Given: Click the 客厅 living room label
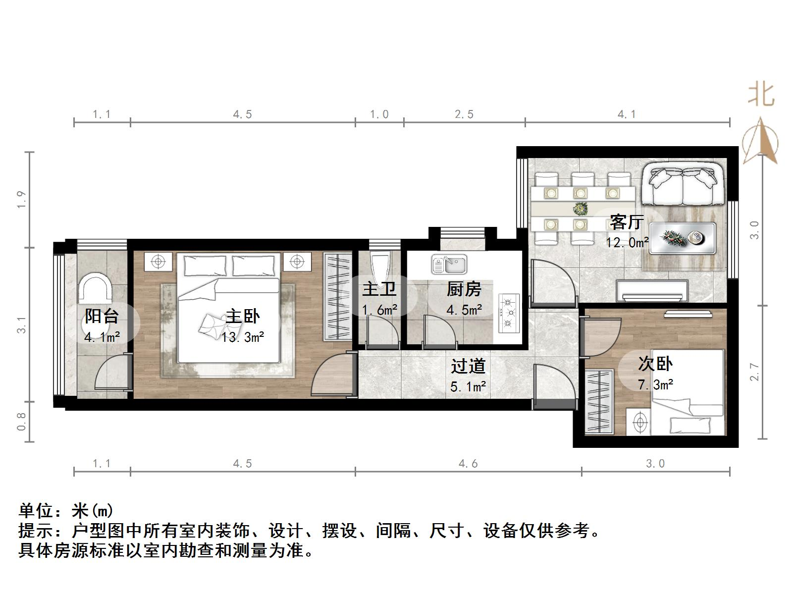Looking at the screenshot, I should pyautogui.click(x=627, y=222).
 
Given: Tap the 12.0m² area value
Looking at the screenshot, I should pyautogui.click(x=627, y=243).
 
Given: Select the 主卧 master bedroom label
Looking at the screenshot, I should pyautogui.click(x=243, y=316).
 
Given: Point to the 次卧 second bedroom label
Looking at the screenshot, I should pyautogui.click(x=655, y=364).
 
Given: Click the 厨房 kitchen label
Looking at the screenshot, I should pyautogui.click(x=464, y=289).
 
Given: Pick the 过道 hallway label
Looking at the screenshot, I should pyautogui.click(x=468, y=366).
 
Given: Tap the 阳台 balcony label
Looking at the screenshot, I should pyautogui.click(x=102, y=316).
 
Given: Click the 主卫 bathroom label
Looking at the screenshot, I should pyautogui.click(x=379, y=289).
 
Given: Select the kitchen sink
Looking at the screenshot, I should pyautogui.click(x=449, y=264).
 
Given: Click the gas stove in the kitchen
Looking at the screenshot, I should pyautogui.click(x=509, y=312).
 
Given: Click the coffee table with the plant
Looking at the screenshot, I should pyautogui.click(x=683, y=238).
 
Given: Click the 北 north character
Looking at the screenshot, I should pyautogui.click(x=761, y=94).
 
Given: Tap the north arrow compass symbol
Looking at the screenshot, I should pyautogui.click(x=761, y=141).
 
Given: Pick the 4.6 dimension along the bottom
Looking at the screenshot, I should pyautogui.click(x=468, y=464).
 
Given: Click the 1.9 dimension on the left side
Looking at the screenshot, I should pyautogui.click(x=21, y=199).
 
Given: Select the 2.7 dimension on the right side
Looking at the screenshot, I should pyautogui.click(x=754, y=372).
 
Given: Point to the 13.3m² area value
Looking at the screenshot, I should pyautogui.click(x=243, y=337).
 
